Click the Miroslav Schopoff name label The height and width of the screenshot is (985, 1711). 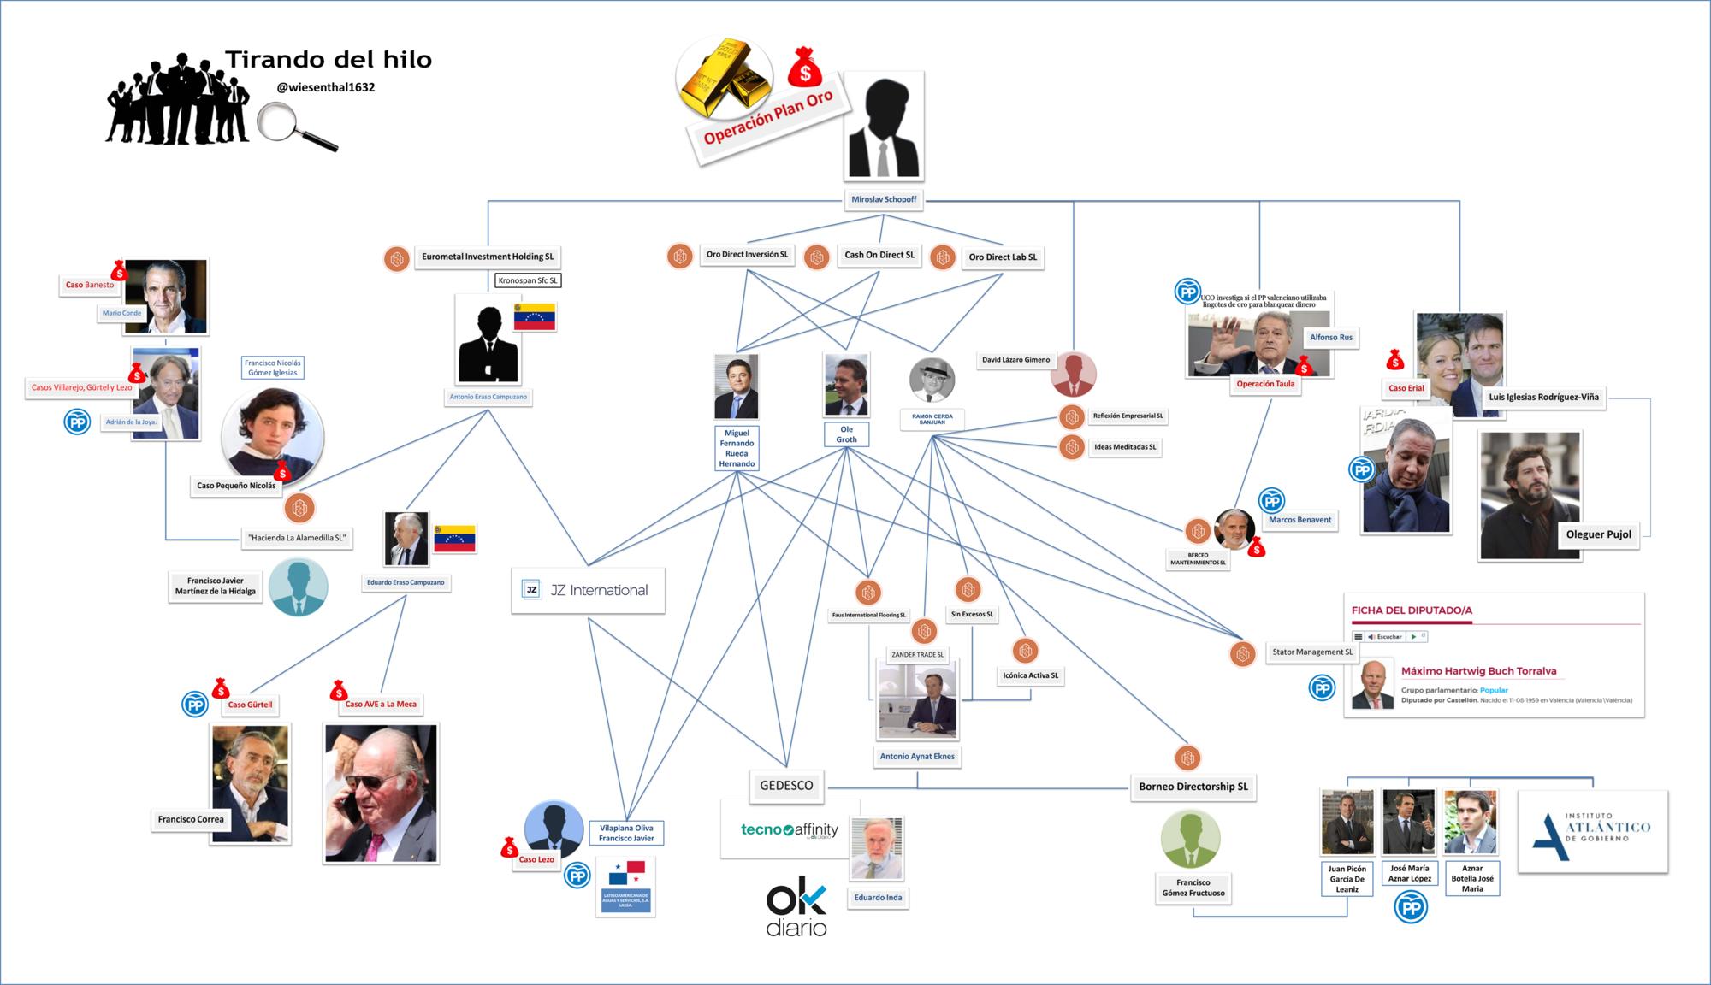click(884, 199)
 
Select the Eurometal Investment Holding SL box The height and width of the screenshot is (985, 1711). click(487, 257)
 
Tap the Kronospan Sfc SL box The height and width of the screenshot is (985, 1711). click(528, 280)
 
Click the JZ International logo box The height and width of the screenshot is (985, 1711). click(588, 590)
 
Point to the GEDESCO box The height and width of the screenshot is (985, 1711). click(786, 785)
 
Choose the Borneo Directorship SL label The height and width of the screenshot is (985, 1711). click(1193, 787)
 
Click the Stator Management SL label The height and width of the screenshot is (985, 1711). click(1312, 652)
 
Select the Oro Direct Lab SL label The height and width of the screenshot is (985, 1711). click(1003, 257)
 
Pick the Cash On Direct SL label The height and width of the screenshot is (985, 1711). click(879, 255)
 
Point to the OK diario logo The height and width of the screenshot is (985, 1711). click(796, 910)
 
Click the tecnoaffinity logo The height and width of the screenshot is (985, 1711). click(789, 829)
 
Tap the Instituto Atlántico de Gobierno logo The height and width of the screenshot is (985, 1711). click(1592, 831)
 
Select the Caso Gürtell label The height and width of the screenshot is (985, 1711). click(250, 705)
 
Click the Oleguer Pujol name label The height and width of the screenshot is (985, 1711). click(1598, 534)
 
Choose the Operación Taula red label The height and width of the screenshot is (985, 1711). click(1265, 384)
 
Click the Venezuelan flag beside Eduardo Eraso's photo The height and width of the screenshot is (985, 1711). click(455, 539)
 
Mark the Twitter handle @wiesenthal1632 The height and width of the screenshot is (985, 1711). click(326, 87)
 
